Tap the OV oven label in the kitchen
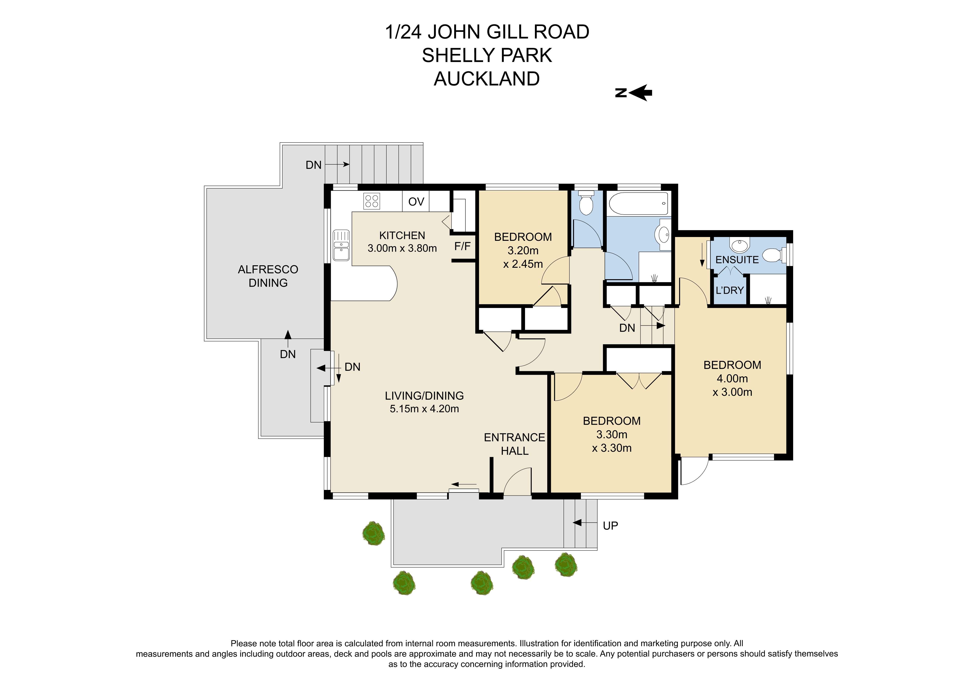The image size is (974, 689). click(x=416, y=202)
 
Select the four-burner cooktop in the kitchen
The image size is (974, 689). click(x=372, y=201)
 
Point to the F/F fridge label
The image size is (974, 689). click(x=462, y=246)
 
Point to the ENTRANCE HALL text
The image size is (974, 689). click(x=514, y=444)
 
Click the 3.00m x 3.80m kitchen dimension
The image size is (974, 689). click(x=402, y=248)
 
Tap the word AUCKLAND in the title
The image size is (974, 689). click(x=487, y=79)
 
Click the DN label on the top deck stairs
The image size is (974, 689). click(x=313, y=165)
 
